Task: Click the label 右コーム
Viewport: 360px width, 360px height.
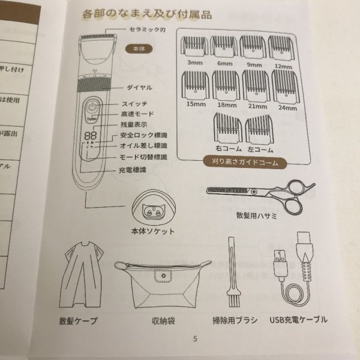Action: (x=227, y=148)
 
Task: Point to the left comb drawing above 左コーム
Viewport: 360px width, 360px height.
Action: (x=260, y=126)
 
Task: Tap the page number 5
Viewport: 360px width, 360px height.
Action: (x=195, y=338)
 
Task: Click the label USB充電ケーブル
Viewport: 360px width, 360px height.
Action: (x=298, y=320)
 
